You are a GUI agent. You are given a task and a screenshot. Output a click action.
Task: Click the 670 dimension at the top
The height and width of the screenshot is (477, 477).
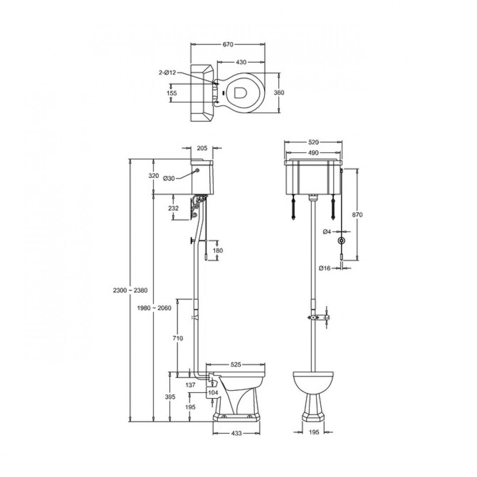pyautogui.click(x=227, y=44)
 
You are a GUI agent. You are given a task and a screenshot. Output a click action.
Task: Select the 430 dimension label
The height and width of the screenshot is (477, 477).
pyautogui.click(x=241, y=62)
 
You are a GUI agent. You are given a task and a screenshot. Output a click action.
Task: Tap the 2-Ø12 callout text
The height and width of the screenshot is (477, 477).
pyautogui.click(x=167, y=72)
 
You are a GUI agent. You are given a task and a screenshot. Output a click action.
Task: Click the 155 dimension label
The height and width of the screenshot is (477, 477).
pyautogui.click(x=172, y=93)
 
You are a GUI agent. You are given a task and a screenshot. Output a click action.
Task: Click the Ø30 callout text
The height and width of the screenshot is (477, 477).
pyautogui.click(x=169, y=178)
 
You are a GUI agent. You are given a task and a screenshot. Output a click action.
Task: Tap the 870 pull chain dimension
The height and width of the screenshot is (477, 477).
pyautogui.click(x=357, y=215)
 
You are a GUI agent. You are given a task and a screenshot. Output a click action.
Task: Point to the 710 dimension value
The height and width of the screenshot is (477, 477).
pyautogui.click(x=178, y=338)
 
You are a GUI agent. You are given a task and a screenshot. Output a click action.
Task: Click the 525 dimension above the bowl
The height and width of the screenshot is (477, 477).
pyautogui.click(x=235, y=365)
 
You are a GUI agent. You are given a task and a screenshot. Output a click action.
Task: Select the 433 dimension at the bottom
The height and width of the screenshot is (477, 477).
pyautogui.click(x=236, y=433)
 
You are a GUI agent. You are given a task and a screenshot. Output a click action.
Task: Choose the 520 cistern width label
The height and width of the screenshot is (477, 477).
pyautogui.click(x=314, y=142)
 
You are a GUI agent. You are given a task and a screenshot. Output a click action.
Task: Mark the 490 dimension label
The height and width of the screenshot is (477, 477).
pyautogui.click(x=314, y=152)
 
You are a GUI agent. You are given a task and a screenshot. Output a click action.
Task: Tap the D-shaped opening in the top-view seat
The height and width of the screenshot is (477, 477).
pyautogui.click(x=241, y=93)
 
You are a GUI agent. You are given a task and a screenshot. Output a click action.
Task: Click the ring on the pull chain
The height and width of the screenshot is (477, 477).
pyautogui.click(x=341, y=241)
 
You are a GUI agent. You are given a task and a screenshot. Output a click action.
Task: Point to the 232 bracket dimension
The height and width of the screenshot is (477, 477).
pyautogui.click(x=174, y=208)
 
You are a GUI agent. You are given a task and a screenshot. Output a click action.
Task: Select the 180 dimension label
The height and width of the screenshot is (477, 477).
pyautogui.click(x=217, y=250)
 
